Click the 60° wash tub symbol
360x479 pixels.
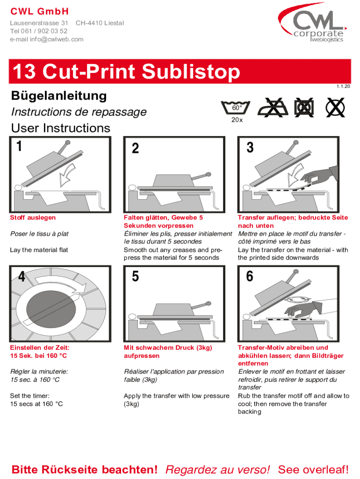(x=236, y=108)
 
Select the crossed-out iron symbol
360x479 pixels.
(x=273, y=108)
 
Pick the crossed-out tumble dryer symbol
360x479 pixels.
(x=304, y=108)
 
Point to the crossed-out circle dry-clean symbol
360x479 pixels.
(x=335, y=108)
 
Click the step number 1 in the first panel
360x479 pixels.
(x=19, y=146)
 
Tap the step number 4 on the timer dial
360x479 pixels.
(x=22, y=276)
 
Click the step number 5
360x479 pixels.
(x=135, y=276)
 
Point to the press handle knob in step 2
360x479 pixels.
(x=208, y=175)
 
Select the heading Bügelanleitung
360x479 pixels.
(x=59, y=96)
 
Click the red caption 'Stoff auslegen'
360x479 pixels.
(x=33, y=218)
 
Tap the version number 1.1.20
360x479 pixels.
(x=343, y=87)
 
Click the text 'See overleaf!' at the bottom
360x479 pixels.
(x=313, y=469)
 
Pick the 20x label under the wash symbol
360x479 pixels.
(x=237, y=120)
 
